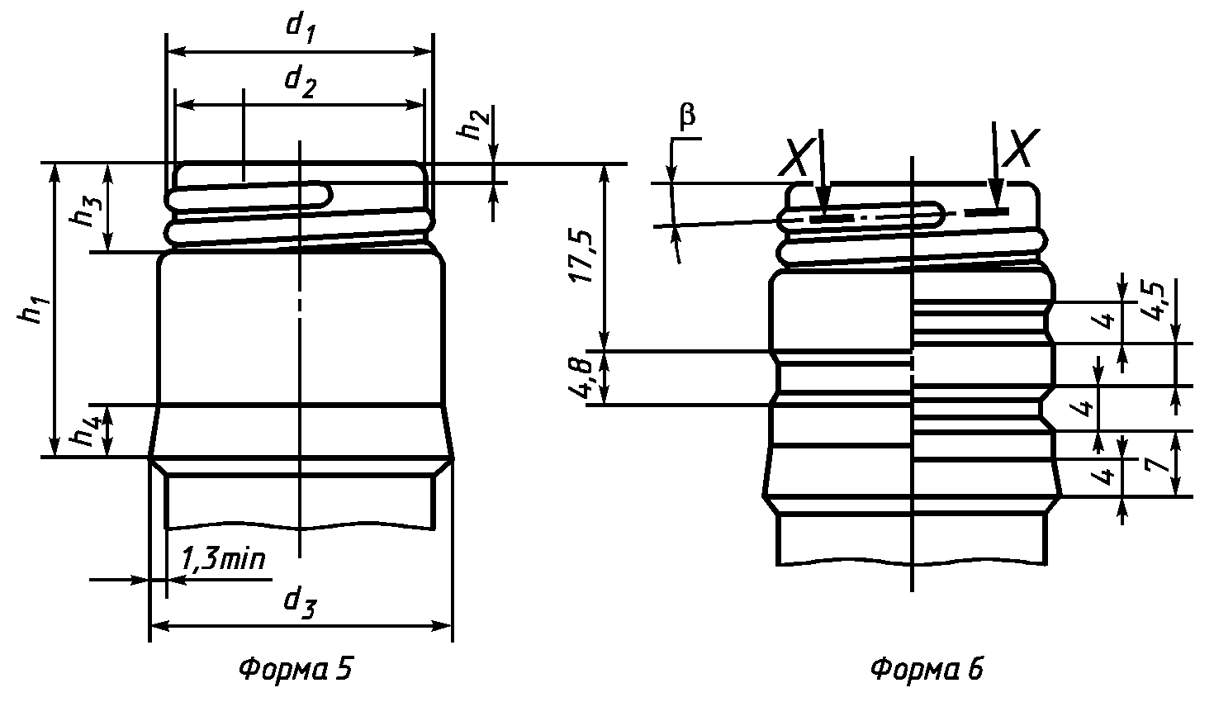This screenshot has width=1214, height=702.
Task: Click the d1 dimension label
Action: click(x=301, y=28)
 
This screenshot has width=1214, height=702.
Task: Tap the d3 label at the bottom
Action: click(x=300, y=604)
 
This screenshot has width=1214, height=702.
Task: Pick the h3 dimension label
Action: click(x=86, y=211)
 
